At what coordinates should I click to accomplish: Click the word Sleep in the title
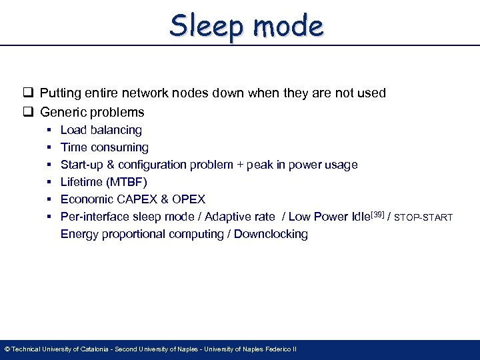click(x=204, y=26)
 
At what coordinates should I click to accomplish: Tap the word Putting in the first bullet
click(x=60, y=93)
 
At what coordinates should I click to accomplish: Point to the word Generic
click(x=62, y=112)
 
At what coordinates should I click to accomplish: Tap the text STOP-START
click(x=424, y=217)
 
